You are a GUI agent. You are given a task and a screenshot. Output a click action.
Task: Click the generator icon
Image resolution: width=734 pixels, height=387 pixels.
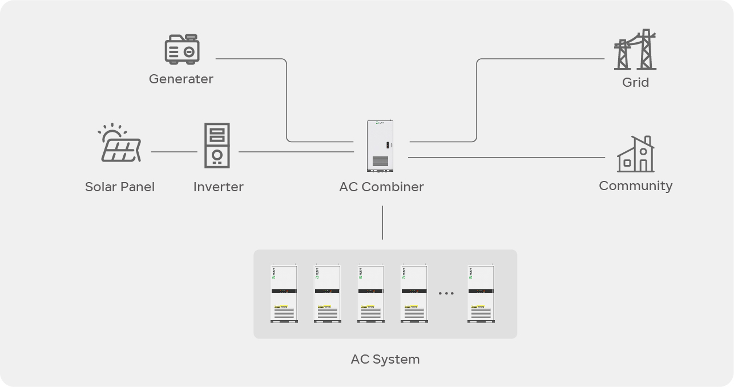pos(182,49)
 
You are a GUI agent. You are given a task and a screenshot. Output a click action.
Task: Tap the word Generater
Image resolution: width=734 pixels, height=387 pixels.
pos(181,79)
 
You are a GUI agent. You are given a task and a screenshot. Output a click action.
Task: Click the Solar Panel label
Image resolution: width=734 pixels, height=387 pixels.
pos(120,187)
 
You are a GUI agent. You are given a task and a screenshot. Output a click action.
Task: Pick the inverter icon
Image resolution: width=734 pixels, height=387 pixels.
pos(217,145)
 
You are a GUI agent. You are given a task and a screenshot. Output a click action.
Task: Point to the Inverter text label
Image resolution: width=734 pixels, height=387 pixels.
pos(218,187)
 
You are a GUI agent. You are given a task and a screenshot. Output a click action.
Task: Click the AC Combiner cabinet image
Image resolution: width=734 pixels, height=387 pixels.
pos(381,146)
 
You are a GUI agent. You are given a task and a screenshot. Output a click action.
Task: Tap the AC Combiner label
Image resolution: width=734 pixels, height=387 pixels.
pos(381,187)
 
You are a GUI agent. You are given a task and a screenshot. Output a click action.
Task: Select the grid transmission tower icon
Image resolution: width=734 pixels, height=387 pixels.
pos(635,50)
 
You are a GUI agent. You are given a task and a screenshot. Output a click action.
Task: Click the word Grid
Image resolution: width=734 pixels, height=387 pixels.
pos(635,82)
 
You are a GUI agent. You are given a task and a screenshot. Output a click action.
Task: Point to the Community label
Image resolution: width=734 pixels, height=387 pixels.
pos(635,186)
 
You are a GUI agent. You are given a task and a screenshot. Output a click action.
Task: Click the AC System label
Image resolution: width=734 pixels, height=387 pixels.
pos(385,359)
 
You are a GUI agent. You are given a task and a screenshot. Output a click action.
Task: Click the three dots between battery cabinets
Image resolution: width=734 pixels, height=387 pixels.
pos(446,293)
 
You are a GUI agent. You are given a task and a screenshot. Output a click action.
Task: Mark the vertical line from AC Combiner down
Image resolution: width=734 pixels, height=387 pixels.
pos(382,223)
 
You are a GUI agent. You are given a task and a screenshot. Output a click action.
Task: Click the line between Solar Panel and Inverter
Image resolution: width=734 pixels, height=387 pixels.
pos(174,152)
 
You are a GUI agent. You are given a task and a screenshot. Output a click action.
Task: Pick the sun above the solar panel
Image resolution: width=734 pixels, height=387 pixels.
pos(112,131)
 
